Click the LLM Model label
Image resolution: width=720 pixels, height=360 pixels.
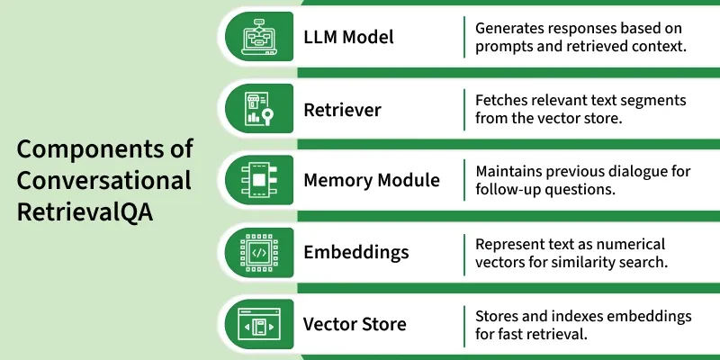[x=348, y=37]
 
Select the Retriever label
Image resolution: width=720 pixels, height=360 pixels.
[x=342, y=110]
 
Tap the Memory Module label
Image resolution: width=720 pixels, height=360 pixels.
[x=372, y=181]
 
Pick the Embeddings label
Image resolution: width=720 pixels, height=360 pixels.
[x=355, y=252]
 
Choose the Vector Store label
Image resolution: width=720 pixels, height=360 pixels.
[x=355, y=324]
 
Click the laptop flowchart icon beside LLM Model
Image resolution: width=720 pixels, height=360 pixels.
[x=260, y=36]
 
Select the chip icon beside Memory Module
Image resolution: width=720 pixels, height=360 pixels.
[x=259, y=180]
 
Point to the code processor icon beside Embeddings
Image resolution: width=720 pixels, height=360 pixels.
[x=259, y=253]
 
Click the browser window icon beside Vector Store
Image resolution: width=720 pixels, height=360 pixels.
[x=259, y=324]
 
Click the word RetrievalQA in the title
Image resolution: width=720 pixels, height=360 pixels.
[x=85, y=212]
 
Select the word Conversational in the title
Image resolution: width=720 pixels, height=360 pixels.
[x=103, y=180]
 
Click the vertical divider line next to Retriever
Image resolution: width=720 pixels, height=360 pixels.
[x=464, y=110]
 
